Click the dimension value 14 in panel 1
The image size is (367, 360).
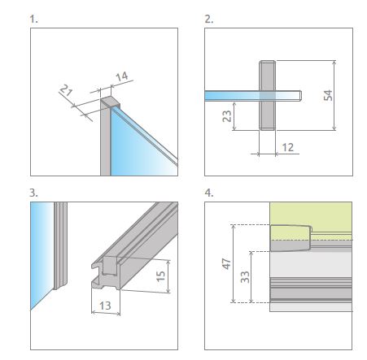122,76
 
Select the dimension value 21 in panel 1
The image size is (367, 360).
66,90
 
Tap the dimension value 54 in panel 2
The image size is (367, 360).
328,95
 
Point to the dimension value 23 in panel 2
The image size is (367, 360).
227,116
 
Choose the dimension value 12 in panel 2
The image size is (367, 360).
288,147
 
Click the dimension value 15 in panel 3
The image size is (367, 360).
160,276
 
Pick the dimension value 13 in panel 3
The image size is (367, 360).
105,306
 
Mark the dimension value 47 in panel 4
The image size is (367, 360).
226,264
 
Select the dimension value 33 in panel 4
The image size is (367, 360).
245,277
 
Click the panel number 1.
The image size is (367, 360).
33,20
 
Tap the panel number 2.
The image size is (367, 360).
208,20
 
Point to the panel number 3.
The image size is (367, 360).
33,193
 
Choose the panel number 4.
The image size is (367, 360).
209,193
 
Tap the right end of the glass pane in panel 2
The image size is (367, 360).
301,96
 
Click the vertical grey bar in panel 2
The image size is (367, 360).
268,95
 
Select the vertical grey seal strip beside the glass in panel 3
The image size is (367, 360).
60,245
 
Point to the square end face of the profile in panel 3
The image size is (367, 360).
110,266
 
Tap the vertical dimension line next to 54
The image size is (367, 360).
334,95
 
